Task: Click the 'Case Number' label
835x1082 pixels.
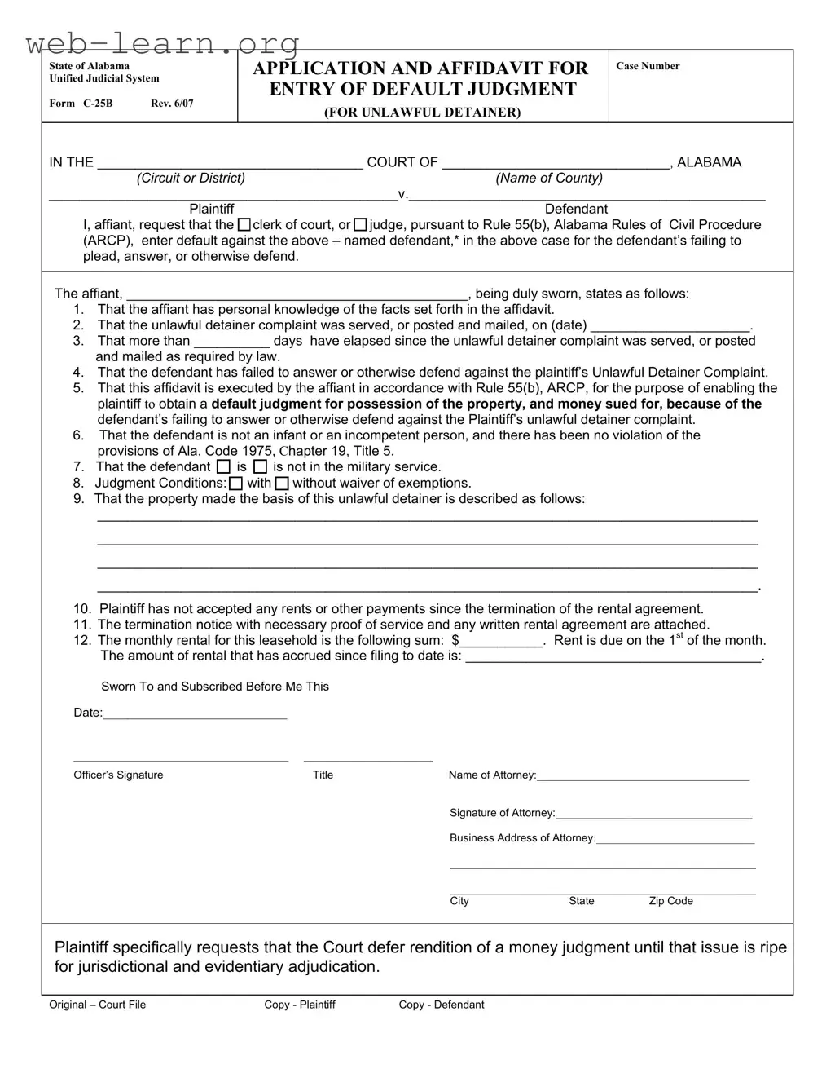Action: coord(648,66)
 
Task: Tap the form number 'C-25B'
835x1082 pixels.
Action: coord(98,104)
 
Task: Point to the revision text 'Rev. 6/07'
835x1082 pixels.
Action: coord(172,104)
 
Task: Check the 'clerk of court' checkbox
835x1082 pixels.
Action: coord(244,224)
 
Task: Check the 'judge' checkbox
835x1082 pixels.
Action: coord(361,224)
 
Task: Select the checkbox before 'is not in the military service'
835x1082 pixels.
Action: coord(260,467)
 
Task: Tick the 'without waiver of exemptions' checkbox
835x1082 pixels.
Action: coord(282,484)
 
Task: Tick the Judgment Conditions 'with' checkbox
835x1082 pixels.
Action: coord(235,484)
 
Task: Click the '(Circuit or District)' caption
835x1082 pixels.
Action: coord(191,178)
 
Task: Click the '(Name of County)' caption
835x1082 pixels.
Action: coord(549,178)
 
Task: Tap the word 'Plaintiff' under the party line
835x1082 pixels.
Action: coord(212,209)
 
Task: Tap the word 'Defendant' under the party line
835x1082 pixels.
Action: coord(576,209)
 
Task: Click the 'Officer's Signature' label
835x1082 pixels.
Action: coord(118,775)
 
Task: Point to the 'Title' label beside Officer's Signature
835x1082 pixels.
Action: coord(323,775)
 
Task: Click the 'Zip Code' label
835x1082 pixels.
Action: coord(670,901)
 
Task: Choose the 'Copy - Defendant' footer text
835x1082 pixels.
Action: coord(441,1005)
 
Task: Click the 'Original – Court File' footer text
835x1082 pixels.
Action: coord(97,1005)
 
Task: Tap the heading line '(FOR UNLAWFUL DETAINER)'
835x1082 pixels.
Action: coord(422,113)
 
